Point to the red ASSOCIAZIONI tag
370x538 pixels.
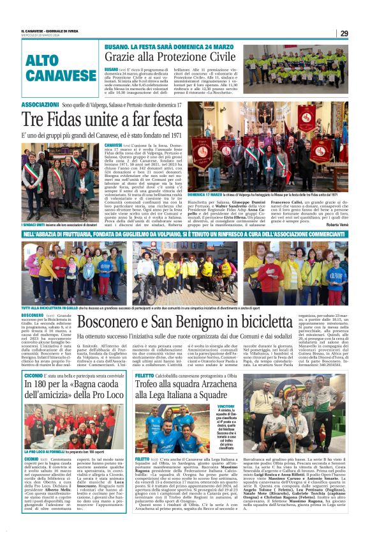tap(40, 104)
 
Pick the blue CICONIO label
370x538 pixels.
tap(33, 359)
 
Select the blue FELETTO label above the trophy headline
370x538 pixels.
tap(145, 359)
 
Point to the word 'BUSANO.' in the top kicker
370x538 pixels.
tap(118, 45)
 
